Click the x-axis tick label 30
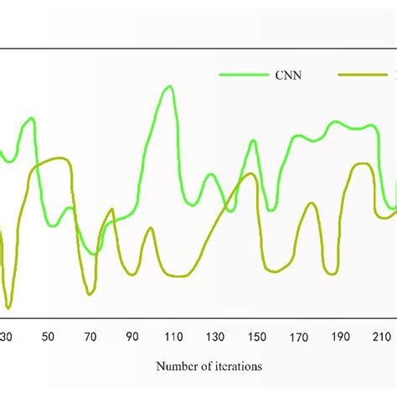7,338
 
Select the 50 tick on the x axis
48,338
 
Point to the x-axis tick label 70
90,338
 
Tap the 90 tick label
131,338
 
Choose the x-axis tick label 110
173,338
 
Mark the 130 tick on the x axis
214,338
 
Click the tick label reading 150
256,338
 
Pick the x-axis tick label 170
298,338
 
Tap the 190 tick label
340,338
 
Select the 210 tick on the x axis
381,338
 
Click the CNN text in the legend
290,75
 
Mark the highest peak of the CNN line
170,86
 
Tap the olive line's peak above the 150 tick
251,174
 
